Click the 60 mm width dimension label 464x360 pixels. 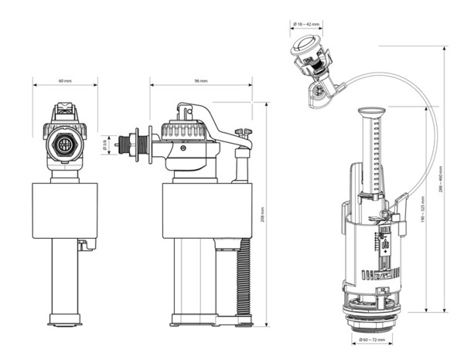pos(65,81)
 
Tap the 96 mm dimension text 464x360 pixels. pos(201,81)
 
